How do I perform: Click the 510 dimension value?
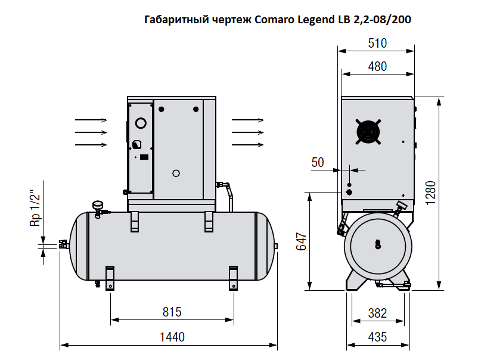(377, 44)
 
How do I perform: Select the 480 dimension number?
(377, 66)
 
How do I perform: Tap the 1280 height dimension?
(431, 193)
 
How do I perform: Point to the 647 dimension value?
(301, 241)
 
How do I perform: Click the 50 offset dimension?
(318, 163)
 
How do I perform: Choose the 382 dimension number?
(377, 314)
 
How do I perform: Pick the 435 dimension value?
(377, 337)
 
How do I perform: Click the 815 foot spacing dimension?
(172, 312)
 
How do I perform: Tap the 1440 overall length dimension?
(172, 337)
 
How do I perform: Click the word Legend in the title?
(316, 20)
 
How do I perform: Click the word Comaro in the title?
(274, 20)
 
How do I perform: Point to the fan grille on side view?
(368, 132)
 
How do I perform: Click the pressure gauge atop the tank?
(98, 205)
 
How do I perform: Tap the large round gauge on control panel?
(141, 123)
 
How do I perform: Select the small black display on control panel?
(144, 157)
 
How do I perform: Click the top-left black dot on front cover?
(162, 109)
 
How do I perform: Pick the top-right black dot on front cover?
(196, 109)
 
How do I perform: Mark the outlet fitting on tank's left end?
(63, 245)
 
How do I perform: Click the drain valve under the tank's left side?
(98, 284)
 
